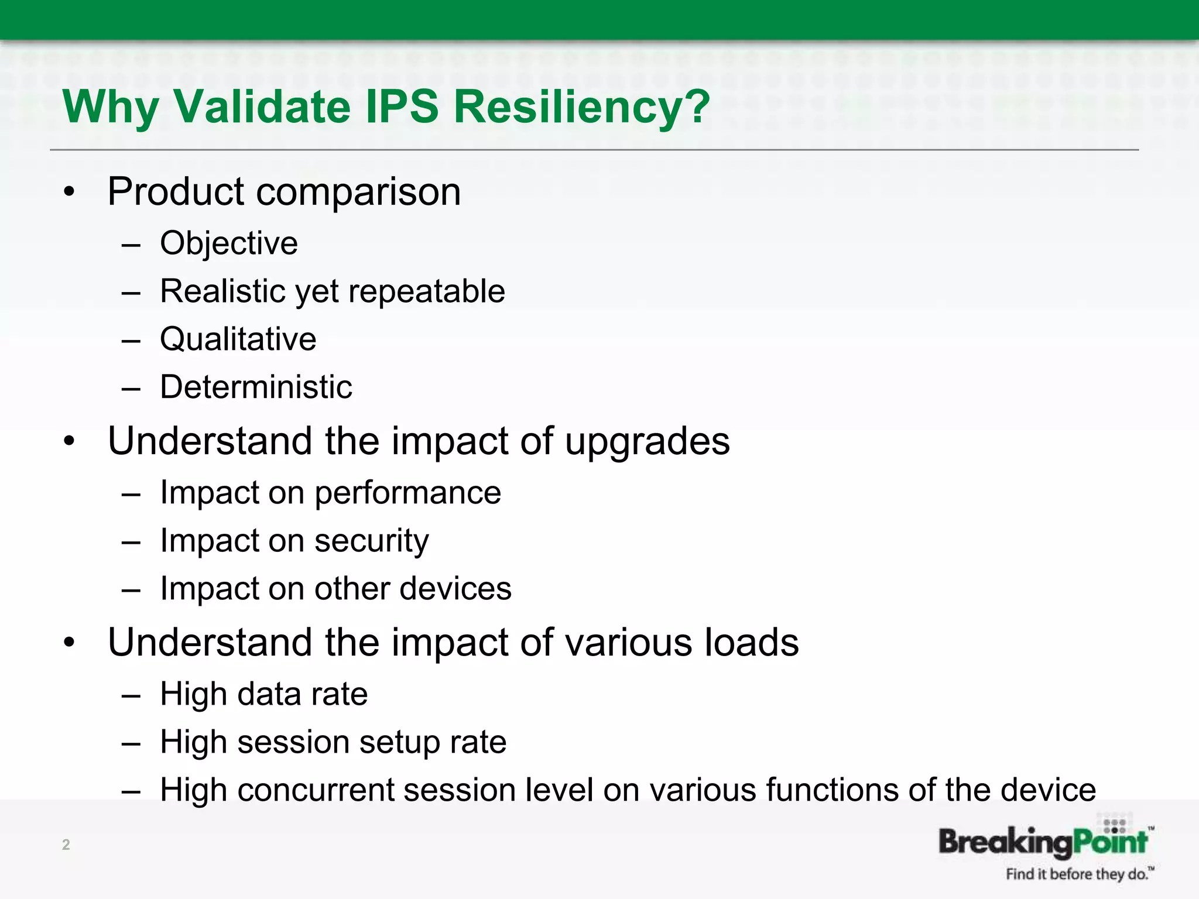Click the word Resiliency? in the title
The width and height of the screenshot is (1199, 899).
[581, 107]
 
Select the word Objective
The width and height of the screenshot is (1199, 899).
[229, 243]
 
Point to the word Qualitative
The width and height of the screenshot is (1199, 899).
[238, 339]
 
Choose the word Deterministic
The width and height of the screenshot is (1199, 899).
[256, 387]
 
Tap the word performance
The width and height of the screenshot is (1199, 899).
[407, 493]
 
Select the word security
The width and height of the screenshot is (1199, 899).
[371, 541]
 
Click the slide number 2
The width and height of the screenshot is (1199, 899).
[66, 845]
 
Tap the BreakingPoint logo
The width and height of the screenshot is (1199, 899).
[1043, 840]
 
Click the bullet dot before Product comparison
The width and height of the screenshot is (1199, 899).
[70, 192]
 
